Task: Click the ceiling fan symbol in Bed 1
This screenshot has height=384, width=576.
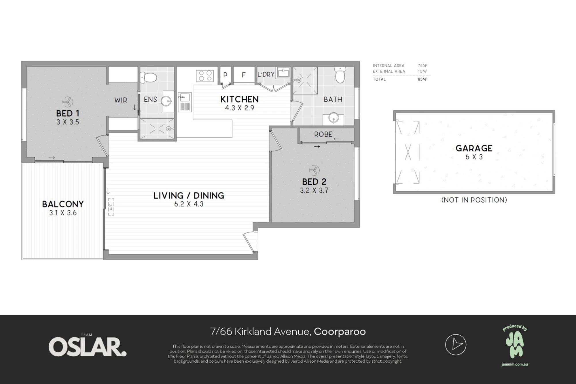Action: [68, 102]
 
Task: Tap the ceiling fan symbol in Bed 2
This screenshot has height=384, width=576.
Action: [314, 170]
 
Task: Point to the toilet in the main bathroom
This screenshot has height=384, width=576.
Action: [340, 75]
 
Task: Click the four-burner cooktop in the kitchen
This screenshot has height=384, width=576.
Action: [205, 75]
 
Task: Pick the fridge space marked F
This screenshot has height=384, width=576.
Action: [244, 75]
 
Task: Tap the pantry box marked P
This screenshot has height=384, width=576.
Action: [225, 75]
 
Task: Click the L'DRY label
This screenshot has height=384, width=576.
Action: [266, 74]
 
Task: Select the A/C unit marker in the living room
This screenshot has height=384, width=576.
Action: [111, 207]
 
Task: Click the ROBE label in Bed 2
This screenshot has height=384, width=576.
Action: [323, 134]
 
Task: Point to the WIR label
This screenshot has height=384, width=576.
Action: [121, 100]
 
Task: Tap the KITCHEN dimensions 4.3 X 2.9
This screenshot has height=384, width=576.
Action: [240, 108]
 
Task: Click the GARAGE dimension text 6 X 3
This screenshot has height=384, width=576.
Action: [474, 157]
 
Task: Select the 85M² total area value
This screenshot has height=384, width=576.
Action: [422, 79]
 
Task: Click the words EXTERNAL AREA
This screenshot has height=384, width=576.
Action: [389, 71]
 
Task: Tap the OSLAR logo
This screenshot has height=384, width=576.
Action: [88, 347]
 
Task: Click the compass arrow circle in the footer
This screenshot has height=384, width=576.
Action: [456, 345]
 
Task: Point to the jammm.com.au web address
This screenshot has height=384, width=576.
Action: [515, 364]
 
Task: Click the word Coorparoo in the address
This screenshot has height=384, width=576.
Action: [340, 332]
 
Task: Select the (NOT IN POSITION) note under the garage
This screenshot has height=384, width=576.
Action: [474, 200]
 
